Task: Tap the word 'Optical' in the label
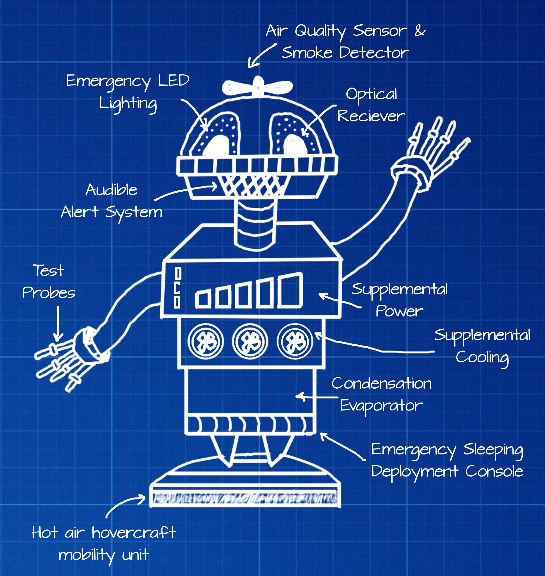click(x=371, y=94)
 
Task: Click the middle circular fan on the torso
click(x=250, y=341)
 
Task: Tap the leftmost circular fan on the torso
click(x=205, y=341)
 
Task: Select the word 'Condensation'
click(x=381, y=384)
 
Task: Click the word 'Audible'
click(x=111, y=190)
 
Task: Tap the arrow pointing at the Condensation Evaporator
click(x=317, y=397)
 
